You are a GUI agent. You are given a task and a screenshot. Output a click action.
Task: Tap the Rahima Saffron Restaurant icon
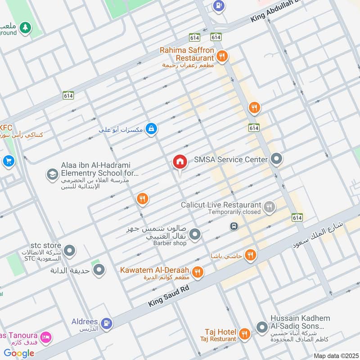coord(221,56)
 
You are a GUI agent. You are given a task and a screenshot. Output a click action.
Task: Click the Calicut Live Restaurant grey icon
coord(269,207)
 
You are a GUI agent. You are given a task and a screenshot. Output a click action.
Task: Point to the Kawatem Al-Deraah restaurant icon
coord(197,272)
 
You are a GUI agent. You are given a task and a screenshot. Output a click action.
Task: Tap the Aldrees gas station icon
coord(106,323)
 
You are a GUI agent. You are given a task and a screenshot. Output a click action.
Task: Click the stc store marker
coord(69,250)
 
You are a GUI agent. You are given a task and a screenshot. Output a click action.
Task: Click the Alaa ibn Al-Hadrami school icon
coord(52,174)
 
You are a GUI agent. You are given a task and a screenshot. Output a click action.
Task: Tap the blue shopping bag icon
coord(152,129)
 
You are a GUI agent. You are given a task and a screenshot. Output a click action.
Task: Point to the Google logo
coord(19,353)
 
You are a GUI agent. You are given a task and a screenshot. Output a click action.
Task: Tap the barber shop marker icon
coord(195,234)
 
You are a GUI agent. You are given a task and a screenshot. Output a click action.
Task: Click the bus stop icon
coord(234,226)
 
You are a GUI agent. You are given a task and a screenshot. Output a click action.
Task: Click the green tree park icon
coord(26,28)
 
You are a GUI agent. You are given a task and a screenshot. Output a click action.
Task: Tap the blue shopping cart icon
coord(8,161)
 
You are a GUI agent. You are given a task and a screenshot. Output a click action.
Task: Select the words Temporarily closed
coord(234,212)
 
